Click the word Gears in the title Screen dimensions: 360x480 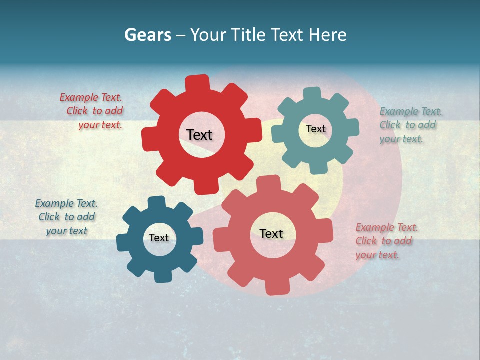[x=147, y=35]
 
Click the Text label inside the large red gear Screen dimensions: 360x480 [x=199, y=135]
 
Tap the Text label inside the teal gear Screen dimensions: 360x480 [x=315, y=129]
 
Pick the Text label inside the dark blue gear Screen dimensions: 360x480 [x=159, y=238]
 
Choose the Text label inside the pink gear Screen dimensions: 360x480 [x=271, y=233]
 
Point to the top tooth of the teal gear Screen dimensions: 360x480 [x=312, y=94]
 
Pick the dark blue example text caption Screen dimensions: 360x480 [x=66, y=217]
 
